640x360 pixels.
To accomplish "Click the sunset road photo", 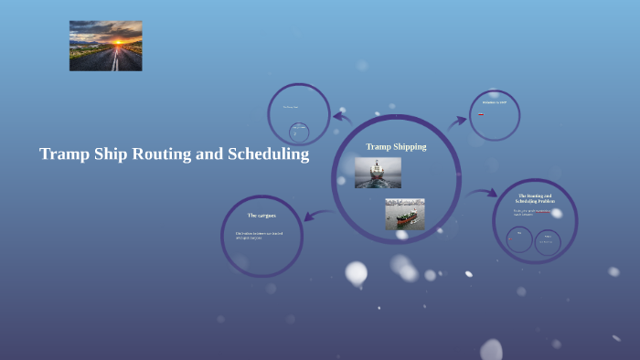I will [105, 46].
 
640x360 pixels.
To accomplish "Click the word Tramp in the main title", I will [63, 154].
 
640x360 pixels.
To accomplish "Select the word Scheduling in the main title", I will [265, 154].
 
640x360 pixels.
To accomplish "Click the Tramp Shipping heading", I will [396, 146].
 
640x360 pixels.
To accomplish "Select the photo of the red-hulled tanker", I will [404, 214].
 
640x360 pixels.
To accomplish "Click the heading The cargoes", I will [261, 215].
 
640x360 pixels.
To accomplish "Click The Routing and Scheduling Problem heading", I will [535, 198].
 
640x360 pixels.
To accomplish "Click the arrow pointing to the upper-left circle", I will [342, 116].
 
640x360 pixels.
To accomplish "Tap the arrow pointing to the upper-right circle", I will [458, 121].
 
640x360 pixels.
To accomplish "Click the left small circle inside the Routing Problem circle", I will [519, 239].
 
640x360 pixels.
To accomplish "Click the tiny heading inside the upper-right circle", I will [495, 102].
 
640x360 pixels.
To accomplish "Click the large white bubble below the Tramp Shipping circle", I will [356, 272].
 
